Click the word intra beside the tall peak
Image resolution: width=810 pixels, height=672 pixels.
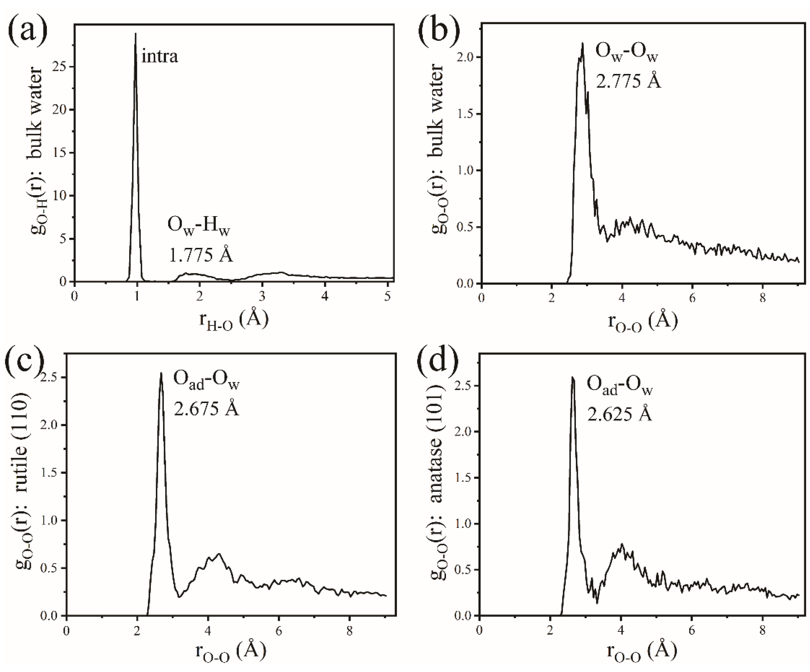(160, 57)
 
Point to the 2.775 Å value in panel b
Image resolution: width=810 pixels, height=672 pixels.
(628, 81)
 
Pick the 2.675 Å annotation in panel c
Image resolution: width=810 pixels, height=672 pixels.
(206, 409)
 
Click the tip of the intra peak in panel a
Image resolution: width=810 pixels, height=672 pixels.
(135, 34)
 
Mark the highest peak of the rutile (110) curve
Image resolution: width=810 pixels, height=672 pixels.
(161, 373)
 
